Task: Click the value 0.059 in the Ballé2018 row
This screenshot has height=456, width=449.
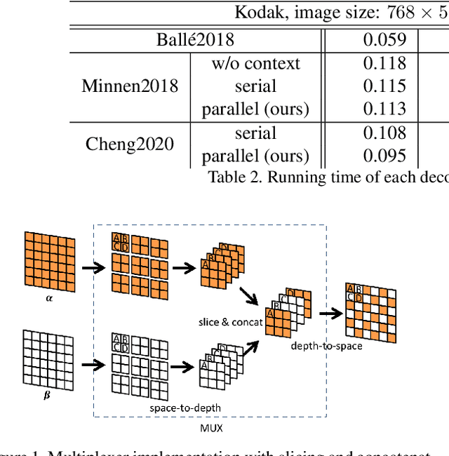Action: (x=384, y=39)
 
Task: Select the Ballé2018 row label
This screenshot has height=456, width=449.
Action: (x=195, y=39)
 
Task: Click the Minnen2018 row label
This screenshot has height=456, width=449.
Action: (x=130, y=86)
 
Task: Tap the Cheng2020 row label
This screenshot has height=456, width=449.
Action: (x=130, y=145)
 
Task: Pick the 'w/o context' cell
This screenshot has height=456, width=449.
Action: (x=255, y=63)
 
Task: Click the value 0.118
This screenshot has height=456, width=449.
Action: (x=384, y=63)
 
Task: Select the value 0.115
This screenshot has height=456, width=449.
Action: (x=384, y=86)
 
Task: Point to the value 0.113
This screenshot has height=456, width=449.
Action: (x=384, y=109)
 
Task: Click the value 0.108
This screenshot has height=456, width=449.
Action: (x=384, y=133)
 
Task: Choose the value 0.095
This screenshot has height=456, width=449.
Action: (x=384, y=156)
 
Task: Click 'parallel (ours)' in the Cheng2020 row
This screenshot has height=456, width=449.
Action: (x=255, y=156)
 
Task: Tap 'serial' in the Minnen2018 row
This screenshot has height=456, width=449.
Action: (x=255, y=86)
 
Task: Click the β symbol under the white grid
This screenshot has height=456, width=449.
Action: (x=47, y=396)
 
